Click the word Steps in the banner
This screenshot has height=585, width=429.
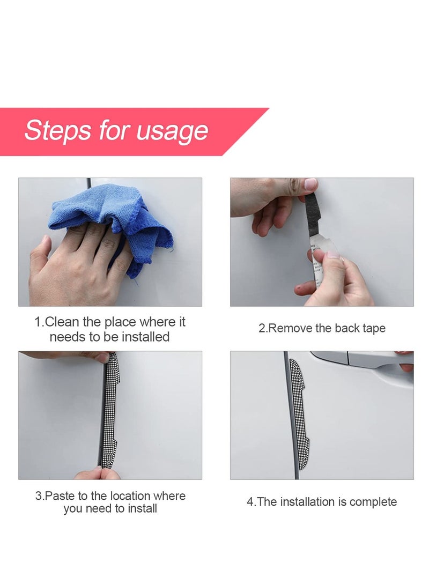point(57,131)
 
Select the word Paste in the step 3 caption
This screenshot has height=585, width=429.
point(61,496)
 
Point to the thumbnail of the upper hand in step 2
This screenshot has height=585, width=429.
point(310,183)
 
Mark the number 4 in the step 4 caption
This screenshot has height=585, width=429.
point(250,502)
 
